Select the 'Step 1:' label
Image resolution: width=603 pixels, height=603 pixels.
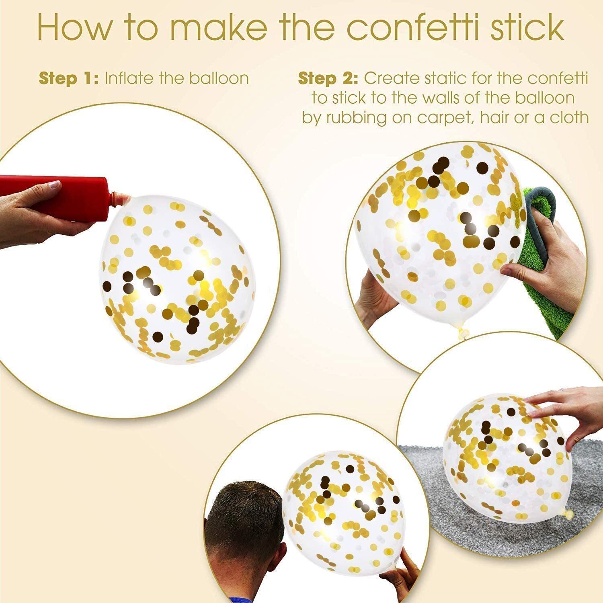coord(69,79)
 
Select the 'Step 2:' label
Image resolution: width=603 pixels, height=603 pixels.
coord(328,79)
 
